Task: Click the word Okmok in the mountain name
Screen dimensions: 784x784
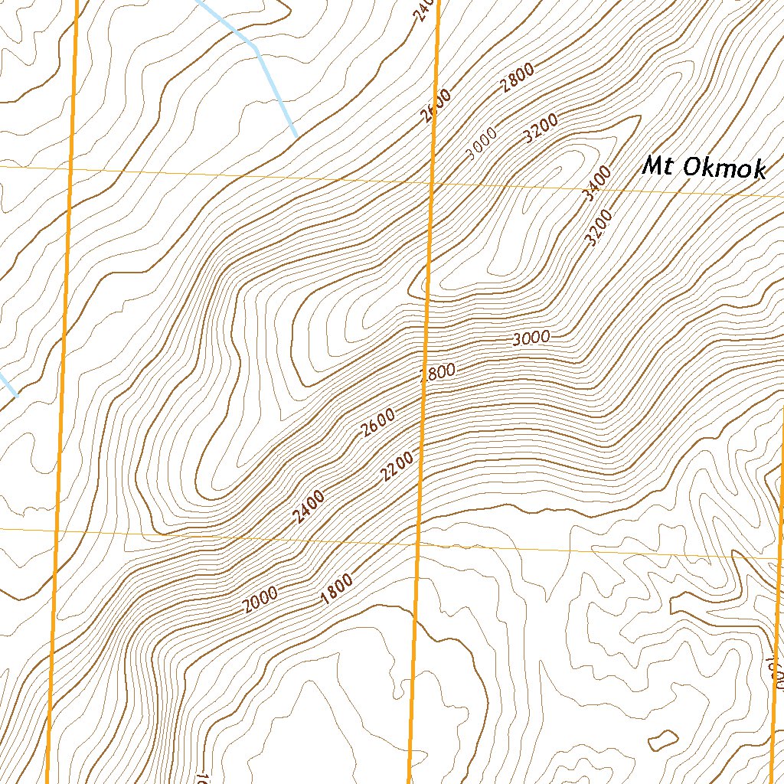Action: point(723,168)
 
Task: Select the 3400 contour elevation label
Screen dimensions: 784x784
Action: point(596,185)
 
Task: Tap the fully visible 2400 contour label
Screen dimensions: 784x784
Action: point(309,506)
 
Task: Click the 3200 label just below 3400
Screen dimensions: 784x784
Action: point(599,228)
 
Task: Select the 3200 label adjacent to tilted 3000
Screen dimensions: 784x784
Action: point(542,129)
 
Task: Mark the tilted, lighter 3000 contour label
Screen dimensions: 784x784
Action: point(482,144)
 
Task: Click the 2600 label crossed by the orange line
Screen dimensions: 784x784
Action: point(436,105)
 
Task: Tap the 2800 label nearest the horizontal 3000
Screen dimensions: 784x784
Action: point(438,373)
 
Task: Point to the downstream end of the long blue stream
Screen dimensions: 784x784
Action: point(296,136)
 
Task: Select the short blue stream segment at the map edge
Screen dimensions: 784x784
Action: point(8,385)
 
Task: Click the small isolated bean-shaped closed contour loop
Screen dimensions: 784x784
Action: point(663,740)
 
